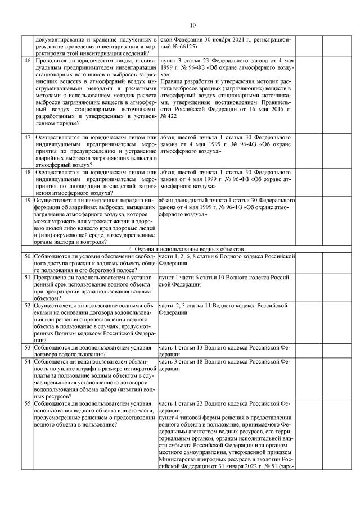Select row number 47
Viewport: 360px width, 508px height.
pyautogui.click(x=28, y=137)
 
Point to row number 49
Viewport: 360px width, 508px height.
pyautogui.click(x=28, y=200)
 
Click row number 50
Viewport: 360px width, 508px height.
pyautogui.click(x=28, y=256)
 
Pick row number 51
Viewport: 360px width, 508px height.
pyautogui.click(x=28, y=278)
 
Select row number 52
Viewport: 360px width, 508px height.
pyautogui.click(x=28, y=306)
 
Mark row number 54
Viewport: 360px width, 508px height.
pyautogui.click(x=28, y=362)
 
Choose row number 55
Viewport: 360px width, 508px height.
pyautogui.click(x=28, y=404)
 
